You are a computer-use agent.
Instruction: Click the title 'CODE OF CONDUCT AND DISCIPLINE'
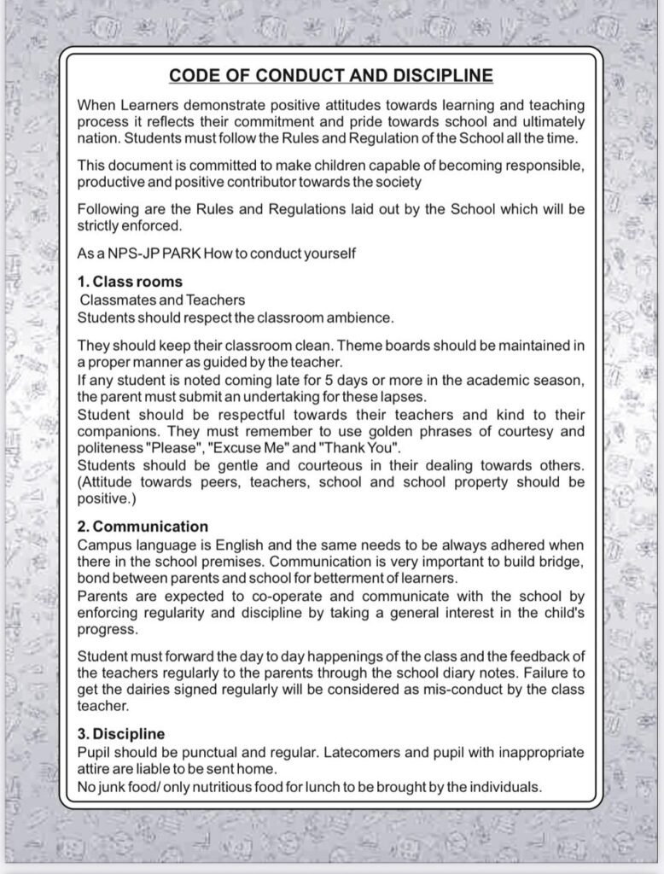tap(331, 75)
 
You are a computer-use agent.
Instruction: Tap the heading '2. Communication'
tap(143, 527)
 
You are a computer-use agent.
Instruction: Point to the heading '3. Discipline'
tap(121, 734)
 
